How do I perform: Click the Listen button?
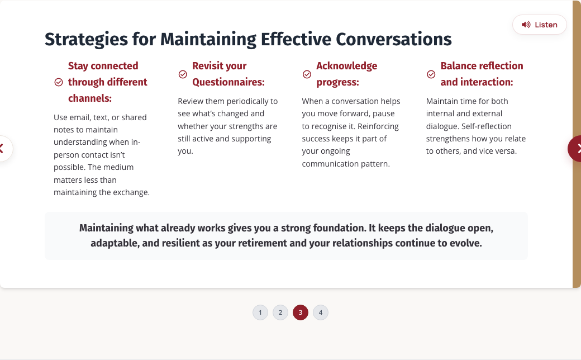click(x=539, y=25)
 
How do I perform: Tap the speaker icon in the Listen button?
click(x=526, y=25)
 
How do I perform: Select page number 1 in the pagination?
click(x=260, y=312)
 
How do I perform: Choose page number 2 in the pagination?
click(x=280, y=312)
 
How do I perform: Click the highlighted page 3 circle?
click(x=301, y=312)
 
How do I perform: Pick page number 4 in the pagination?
click(x=321, y=312)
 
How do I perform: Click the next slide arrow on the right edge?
click(x=575, y=149)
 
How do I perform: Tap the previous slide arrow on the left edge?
click(x=4, y=149)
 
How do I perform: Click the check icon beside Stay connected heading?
click(x=59, y=82)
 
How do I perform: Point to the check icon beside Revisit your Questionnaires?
click(x=183, y=74)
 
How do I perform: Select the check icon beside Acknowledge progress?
click(x=307, y=74)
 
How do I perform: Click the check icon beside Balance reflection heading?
click(x=431, y=74)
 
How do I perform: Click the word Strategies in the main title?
click(x=86, y=39)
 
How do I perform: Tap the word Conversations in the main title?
click(x=394, y=39)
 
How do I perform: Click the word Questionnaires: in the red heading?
click(x=228, y=82)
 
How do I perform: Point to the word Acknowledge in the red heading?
click(x=346, y=66)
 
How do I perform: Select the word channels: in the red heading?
click(x=90, y=98)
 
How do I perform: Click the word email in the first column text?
click(x=80, y=117)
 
